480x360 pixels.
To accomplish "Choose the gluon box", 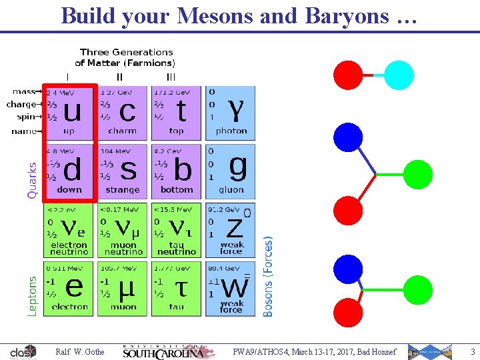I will click(x=231, y=171).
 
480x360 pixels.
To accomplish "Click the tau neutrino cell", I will click(x=176, y=229).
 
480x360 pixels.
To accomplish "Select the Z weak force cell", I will click(x=231, y=229).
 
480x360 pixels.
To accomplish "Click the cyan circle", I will click(x=399, y=75).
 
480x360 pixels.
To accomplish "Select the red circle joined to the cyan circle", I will click(x=347, y=75).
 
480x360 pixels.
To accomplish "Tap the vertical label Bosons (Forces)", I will click(x=268, y=275).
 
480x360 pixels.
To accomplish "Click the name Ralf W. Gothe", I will click(x=80, y=351).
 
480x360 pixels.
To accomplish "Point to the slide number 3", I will click(x=472, y=351).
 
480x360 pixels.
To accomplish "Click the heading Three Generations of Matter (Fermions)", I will click(x=125, y=57).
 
